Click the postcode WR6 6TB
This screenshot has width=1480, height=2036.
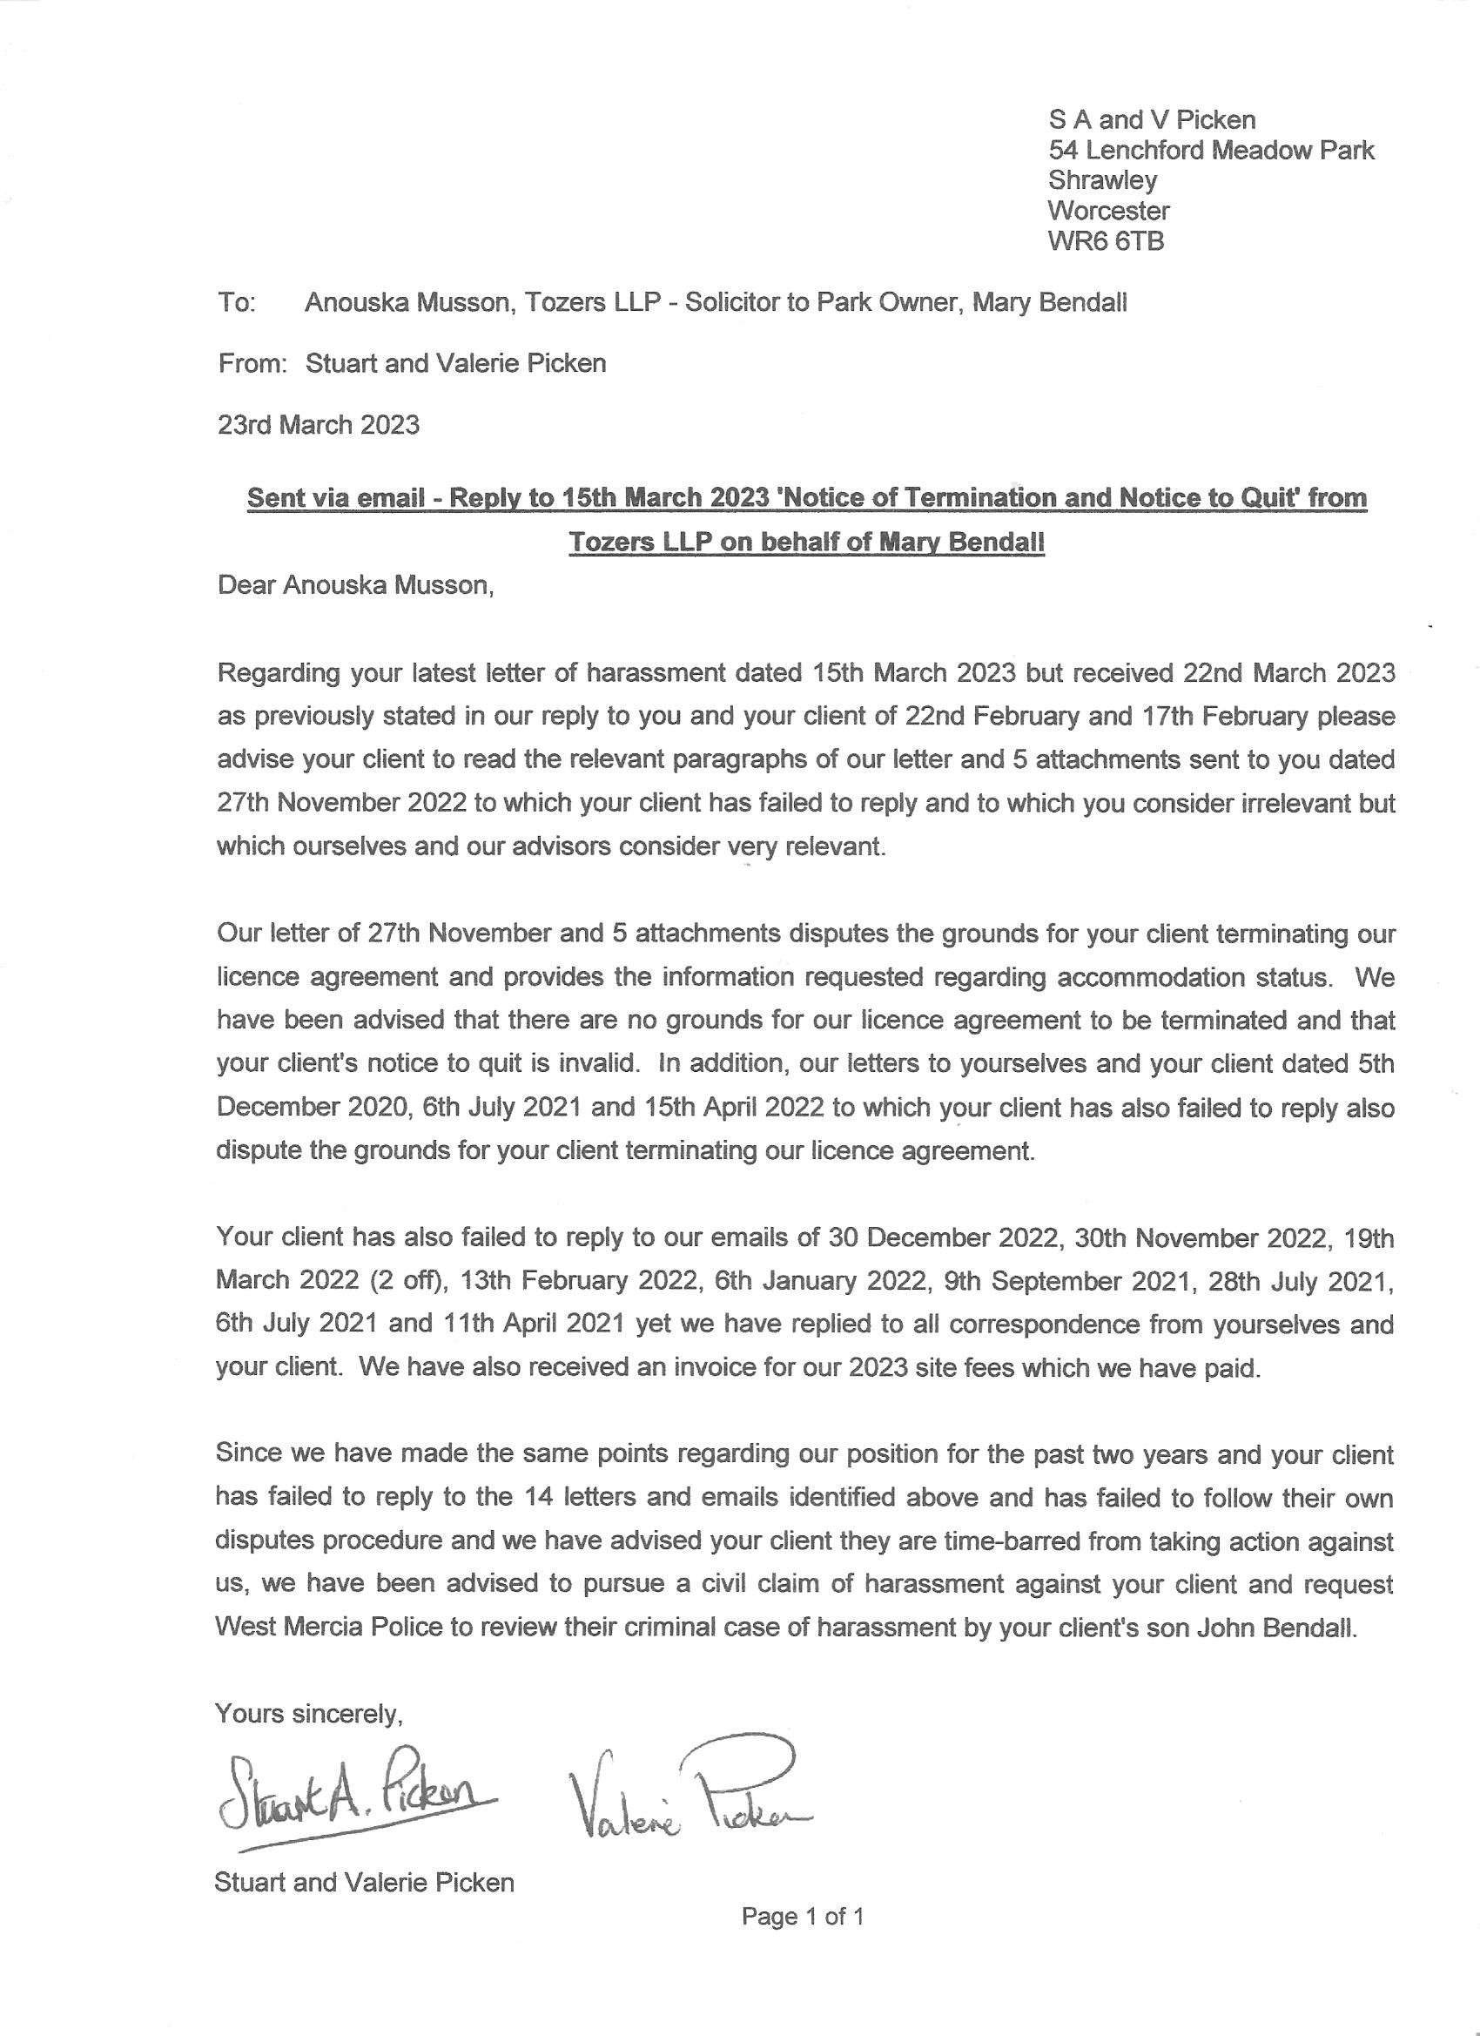point(1106,241)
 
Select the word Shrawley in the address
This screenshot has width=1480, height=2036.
point(1102,180)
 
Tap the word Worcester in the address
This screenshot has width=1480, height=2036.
point(1108,211)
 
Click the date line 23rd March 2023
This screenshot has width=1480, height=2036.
point(318,425)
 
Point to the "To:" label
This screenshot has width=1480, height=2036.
point(237,302)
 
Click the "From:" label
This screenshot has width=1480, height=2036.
point(252,364)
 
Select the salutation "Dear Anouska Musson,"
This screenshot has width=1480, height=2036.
point(355,585)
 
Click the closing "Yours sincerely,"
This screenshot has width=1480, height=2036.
point(309,1715)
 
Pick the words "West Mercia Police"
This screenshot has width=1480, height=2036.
point(328,1628)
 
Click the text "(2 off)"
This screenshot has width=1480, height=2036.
point(408,1281)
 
